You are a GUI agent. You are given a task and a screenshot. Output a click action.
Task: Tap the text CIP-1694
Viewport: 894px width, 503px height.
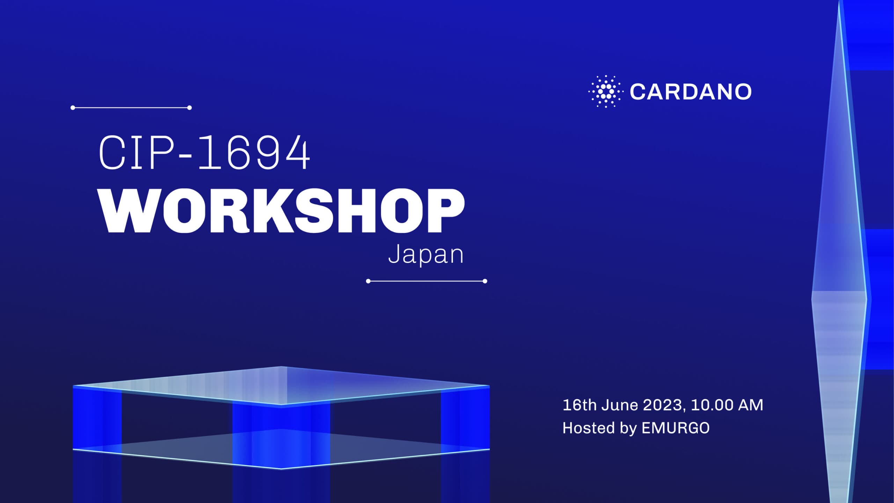pos(204,153)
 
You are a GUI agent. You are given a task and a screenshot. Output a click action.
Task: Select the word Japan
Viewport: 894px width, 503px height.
pos(426,255)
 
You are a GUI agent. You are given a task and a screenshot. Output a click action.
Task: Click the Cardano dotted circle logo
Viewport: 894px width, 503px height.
pos(606,92)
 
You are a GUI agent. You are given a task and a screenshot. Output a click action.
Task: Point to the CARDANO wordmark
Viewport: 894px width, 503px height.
pos(690,92)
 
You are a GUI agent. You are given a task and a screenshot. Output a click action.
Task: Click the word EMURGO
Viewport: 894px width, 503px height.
pos(675,428)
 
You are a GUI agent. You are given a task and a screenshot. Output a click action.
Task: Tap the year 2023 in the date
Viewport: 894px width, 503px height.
pos(662,405)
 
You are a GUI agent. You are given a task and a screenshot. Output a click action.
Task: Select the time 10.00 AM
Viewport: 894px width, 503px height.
pos(727,405)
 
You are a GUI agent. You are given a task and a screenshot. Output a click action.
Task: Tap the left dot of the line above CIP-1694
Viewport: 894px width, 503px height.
pos(73,108)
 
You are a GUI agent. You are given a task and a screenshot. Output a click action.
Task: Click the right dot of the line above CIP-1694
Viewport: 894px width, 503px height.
pos(189,108)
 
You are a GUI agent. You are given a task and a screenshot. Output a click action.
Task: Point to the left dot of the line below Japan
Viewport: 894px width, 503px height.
pos(368,281)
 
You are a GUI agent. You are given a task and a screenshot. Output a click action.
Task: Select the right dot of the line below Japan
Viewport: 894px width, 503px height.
pos(485,281)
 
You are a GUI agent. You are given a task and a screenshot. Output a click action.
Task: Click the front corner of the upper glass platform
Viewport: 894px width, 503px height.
pos(281,405)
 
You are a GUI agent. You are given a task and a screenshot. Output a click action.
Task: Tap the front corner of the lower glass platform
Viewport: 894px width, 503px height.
pos(281,468)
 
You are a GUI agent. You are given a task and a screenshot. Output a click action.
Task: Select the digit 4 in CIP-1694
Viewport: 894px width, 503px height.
pos(296,153)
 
